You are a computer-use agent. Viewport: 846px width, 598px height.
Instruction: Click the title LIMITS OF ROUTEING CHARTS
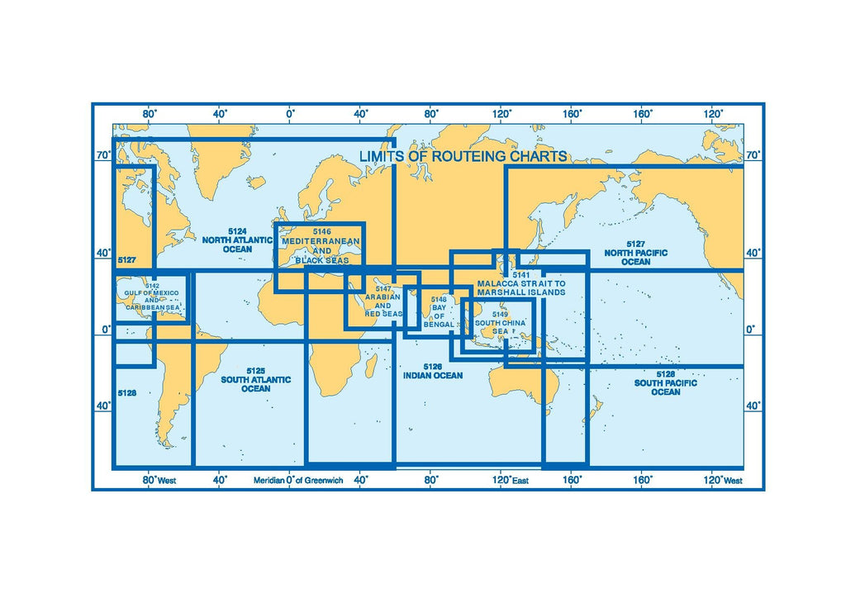[463, 156]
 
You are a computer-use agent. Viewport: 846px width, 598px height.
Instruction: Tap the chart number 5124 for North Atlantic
[237, 231]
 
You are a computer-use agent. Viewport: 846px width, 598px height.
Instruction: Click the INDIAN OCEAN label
[432, 375]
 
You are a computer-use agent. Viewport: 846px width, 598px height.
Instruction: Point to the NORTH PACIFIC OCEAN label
[635, 257]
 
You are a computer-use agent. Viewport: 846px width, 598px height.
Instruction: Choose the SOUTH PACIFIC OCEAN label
[666, 387]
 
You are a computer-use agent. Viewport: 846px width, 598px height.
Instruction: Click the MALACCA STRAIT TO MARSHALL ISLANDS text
[520, 287]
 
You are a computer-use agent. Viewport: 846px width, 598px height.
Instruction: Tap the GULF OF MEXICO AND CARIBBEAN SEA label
[151, 299]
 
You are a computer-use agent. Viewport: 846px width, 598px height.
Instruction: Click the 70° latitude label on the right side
[752, 154]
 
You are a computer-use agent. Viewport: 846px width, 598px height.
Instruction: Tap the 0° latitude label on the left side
[103, 330]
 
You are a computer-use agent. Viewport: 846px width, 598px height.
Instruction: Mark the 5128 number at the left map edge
[126, 393]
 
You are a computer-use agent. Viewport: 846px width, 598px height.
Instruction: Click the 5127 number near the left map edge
[126, 260]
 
